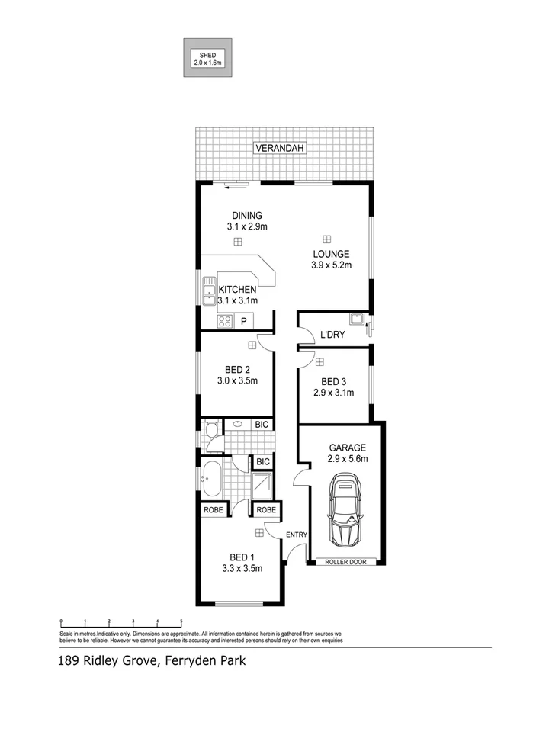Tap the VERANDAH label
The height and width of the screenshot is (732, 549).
280,147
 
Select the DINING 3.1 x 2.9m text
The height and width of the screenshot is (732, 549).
247,221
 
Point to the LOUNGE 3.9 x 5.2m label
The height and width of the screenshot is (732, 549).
330,260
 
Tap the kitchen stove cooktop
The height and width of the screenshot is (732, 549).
224,322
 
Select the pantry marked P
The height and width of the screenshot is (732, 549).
243,322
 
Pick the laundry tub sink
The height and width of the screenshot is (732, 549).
356,319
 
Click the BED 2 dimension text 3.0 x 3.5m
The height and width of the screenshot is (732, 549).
236,381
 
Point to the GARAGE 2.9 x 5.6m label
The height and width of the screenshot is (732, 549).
348,454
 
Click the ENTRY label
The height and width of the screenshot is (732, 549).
296,535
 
